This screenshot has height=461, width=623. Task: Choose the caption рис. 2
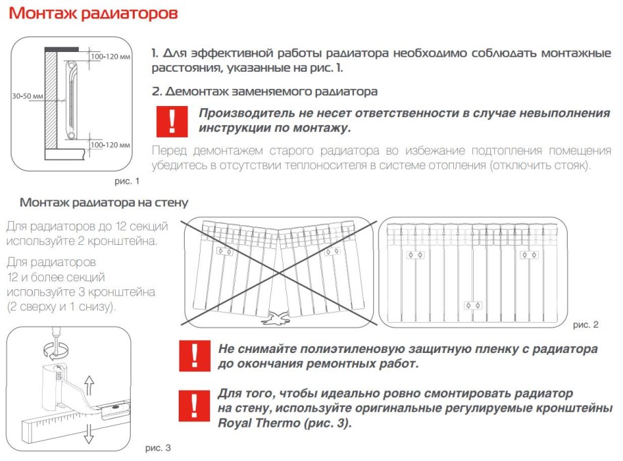pyautogui.click(x=585, y=324)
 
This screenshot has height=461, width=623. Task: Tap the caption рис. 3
pyautogui.click(x=158, y=448)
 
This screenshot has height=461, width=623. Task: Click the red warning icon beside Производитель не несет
pyautogui.click(x=172, y=120)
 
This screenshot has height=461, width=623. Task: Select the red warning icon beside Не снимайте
pyautogui.click(x=194, y=356)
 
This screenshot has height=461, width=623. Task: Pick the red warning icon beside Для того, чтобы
pyautogui.click(x=194, y=406)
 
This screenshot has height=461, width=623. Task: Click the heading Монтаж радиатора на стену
pyautogui.click(x=104, y=203)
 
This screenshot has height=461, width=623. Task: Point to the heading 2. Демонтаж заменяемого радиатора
pyautogui.click(x=265, y=91)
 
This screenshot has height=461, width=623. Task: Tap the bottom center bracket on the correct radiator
pyautogui.click(x=471, y=305)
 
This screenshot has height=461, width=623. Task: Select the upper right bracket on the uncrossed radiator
pyautogui.click(x=529, y=255)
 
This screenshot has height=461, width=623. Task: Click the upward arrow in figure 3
pyautogui.click(x=89, y=382)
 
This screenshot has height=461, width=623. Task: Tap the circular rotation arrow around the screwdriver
pyautogui.click(x=55, y=350)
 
